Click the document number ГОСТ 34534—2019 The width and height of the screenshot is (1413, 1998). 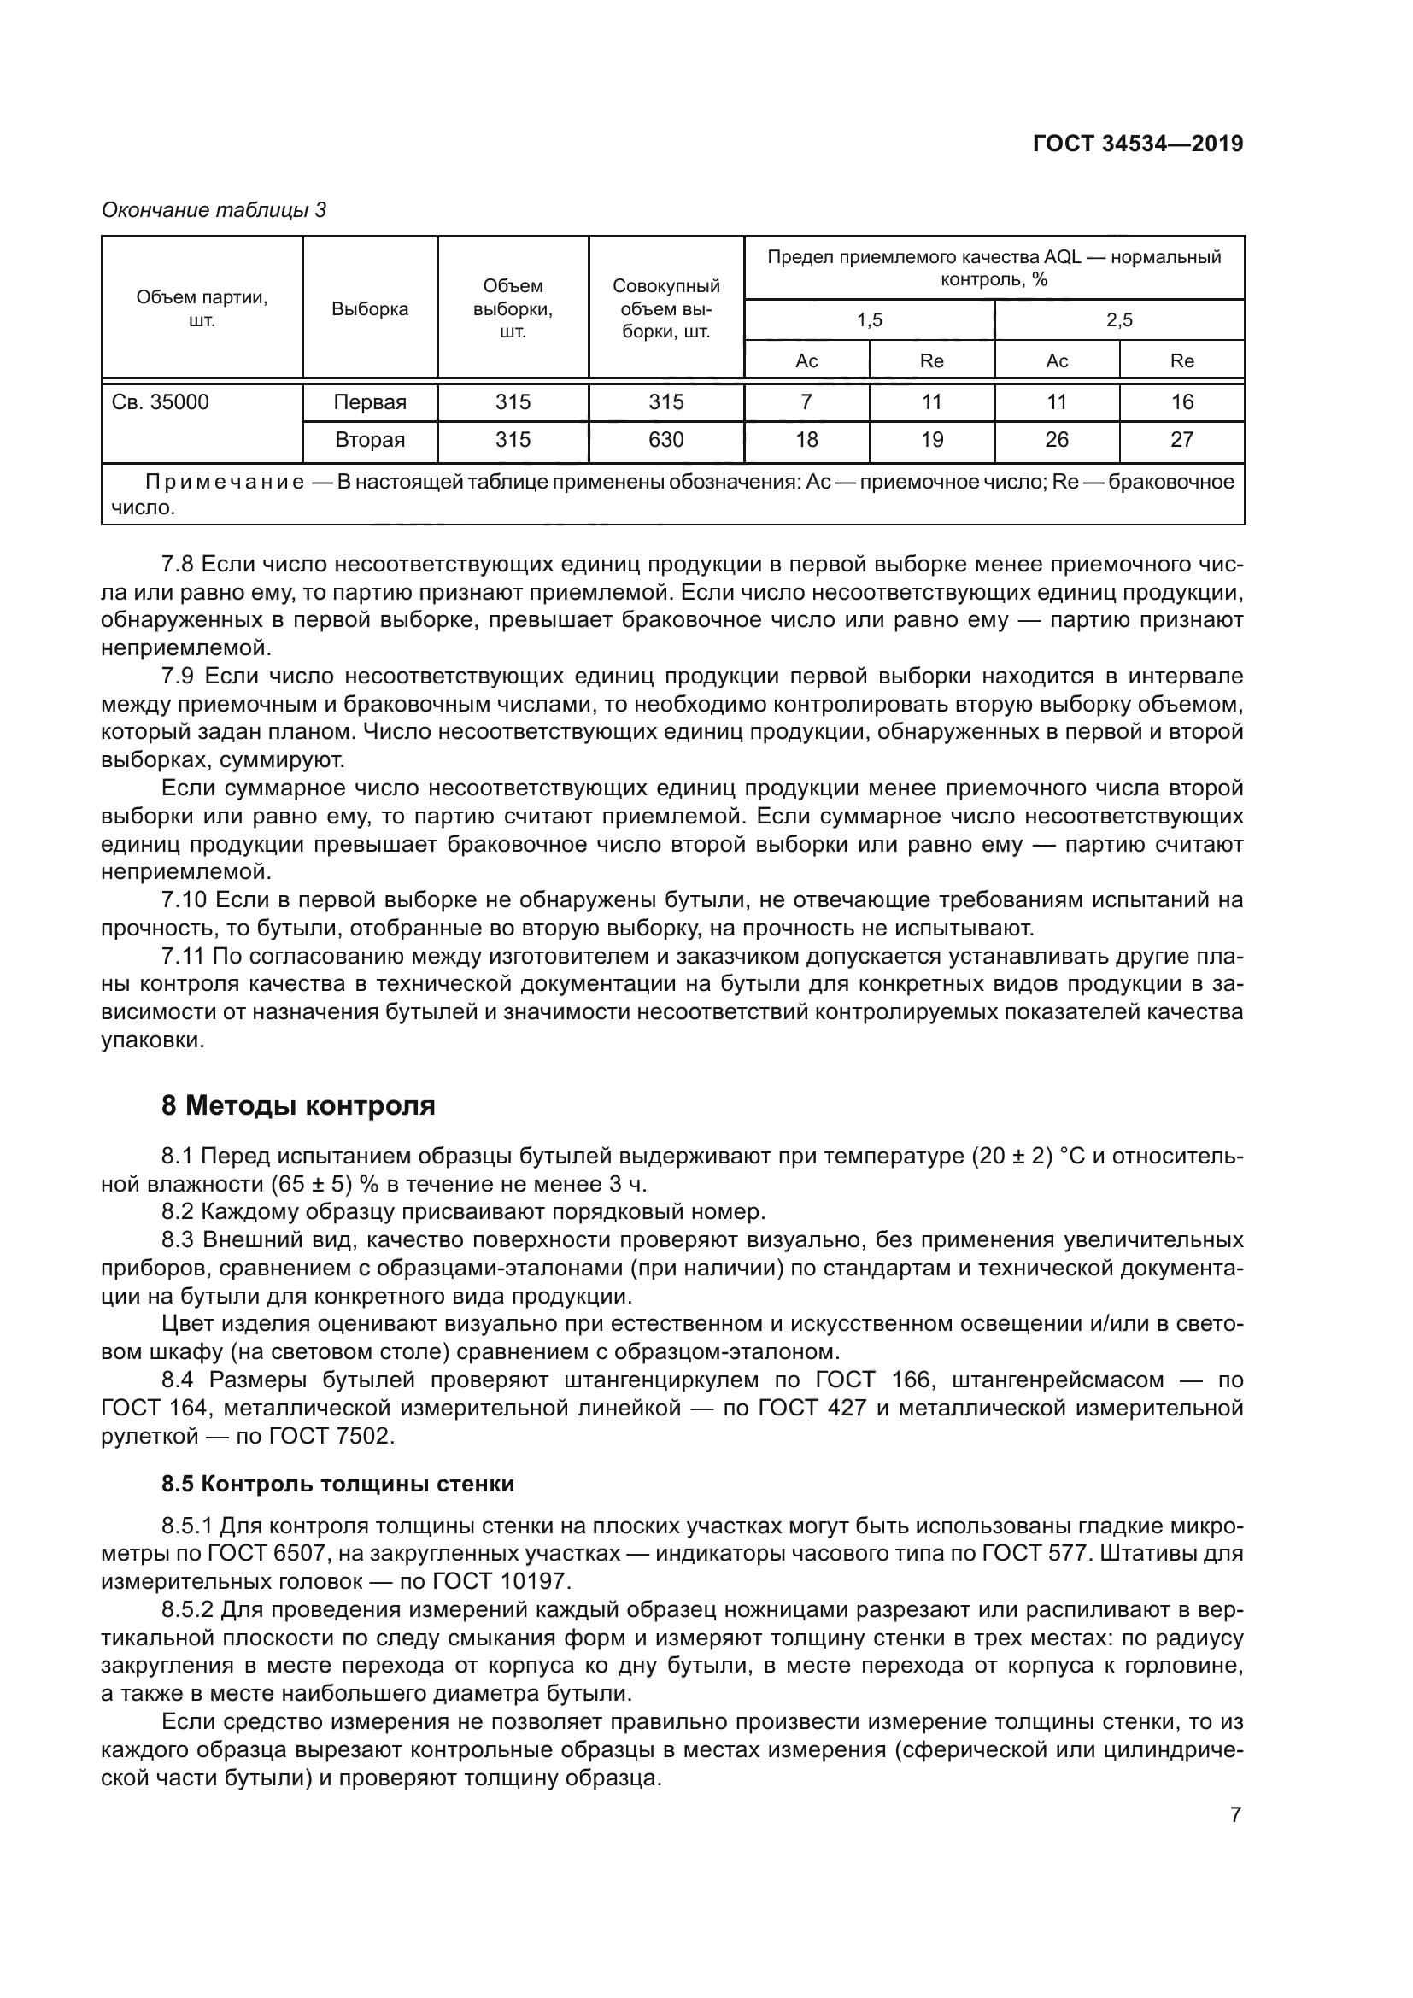click(1137, 144)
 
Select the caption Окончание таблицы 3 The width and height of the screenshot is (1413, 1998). click(214, 210)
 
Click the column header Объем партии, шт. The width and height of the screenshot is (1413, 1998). click(202, 309)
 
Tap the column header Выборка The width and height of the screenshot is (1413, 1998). click(370, 309)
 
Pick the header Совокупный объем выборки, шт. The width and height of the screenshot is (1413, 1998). click(665, 309)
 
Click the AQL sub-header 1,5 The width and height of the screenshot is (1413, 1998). click(869, 320)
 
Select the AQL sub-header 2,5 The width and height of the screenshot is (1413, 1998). click(1119, 320)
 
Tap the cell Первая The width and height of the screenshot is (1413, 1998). click(370, 402)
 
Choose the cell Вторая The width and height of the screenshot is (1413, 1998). click(370, 440)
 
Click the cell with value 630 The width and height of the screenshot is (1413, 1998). click(665, 440)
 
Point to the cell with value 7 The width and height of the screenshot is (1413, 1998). click(806, 402)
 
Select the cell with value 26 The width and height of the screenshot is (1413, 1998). click(1056, 440)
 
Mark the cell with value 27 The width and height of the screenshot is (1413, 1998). click(1181, 440)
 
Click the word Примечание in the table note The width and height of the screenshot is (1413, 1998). click(225, 482)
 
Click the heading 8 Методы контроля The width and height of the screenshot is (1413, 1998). click(297, 1106)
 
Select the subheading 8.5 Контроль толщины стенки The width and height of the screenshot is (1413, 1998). click(337, 1485)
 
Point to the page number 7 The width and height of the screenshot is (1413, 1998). click(1235, 1815)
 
